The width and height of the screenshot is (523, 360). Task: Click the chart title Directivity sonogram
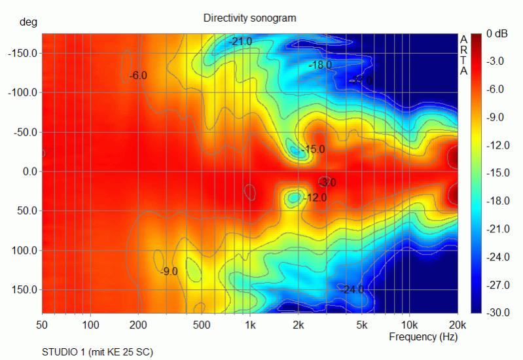click(x=250, y=18)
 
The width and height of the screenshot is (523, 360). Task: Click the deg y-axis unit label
click(x=28, y=22)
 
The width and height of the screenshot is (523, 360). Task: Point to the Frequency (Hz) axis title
click(x=423, y=337)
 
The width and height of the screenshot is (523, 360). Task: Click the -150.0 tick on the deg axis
click(x=22, y=54)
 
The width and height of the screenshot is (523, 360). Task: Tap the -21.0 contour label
click(x=240, y=42)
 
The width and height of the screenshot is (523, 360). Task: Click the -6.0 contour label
click(x=138, y=76)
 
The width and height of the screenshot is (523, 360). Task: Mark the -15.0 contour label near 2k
click(x=313, y=149)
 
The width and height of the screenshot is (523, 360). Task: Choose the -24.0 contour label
click(x=351, y=289)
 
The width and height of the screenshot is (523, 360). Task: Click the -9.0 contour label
click(x=169, y=271)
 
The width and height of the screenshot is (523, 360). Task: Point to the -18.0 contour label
click(x=320, y=65)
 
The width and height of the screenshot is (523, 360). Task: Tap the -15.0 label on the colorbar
click(x=499, y=173)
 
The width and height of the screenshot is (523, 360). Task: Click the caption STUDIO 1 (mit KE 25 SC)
click(x=98, y=352)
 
